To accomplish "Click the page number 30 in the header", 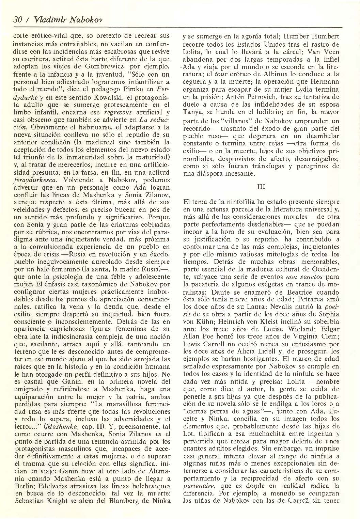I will click(x=16, y=20).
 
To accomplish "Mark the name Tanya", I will click(x=192, y=113).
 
